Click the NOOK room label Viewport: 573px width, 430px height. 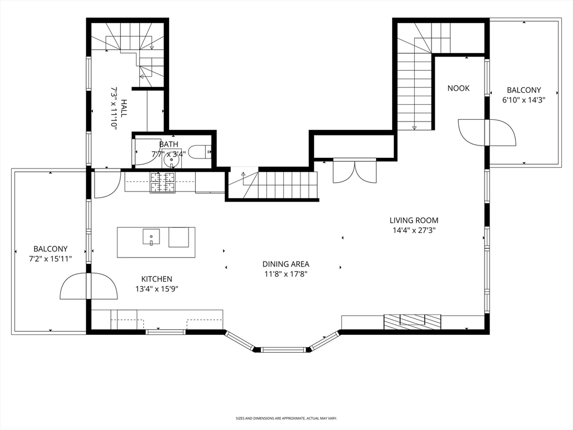(x=458, y=88)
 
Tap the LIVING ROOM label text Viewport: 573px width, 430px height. (x=414, y=221)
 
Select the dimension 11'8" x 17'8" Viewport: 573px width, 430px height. (x=286, y=274)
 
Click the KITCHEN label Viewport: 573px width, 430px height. (x=157, y=279)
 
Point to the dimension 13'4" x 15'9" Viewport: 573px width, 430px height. (x=157, y=289)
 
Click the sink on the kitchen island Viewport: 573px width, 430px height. (x=151, y=237)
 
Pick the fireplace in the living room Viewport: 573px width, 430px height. (x=412, y=321)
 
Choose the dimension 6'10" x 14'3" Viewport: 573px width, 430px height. (x=524, y=100)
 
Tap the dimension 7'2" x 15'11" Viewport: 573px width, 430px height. (x=50, y=259)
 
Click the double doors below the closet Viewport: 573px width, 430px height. (x=355, y=171)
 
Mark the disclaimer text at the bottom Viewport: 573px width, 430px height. (x=286, y=418)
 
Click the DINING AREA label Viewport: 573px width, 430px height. (x=286, y=264)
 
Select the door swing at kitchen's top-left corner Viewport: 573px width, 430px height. (x=106, y=185)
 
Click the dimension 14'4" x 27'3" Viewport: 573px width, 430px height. (x=414, y=230)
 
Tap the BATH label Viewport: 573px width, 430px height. (x=168, y=144)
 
